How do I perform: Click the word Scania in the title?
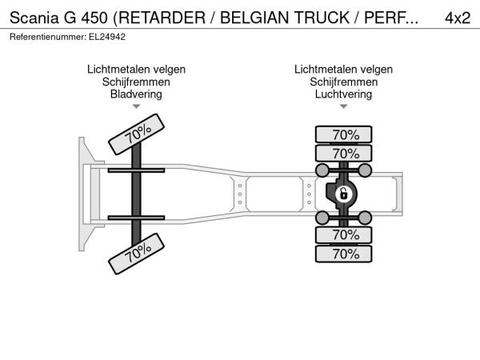34,18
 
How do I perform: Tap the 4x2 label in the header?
458,18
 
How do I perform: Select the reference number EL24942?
107,37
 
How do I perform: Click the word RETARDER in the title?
162,18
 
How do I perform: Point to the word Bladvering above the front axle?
136,94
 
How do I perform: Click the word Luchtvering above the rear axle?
343,94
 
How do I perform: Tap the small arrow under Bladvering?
136,106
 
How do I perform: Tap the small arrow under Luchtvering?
343,106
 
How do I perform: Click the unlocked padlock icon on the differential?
343,194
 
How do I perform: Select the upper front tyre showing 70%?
136,134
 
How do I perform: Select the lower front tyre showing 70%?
136,254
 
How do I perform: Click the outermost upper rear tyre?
343,134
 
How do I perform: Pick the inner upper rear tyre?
343,154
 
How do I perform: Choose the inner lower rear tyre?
343,235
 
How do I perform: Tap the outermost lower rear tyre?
343,254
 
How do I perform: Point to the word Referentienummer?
48,37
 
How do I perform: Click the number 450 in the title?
94,18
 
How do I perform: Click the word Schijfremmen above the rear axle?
343,82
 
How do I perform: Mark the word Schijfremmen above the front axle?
136,82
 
